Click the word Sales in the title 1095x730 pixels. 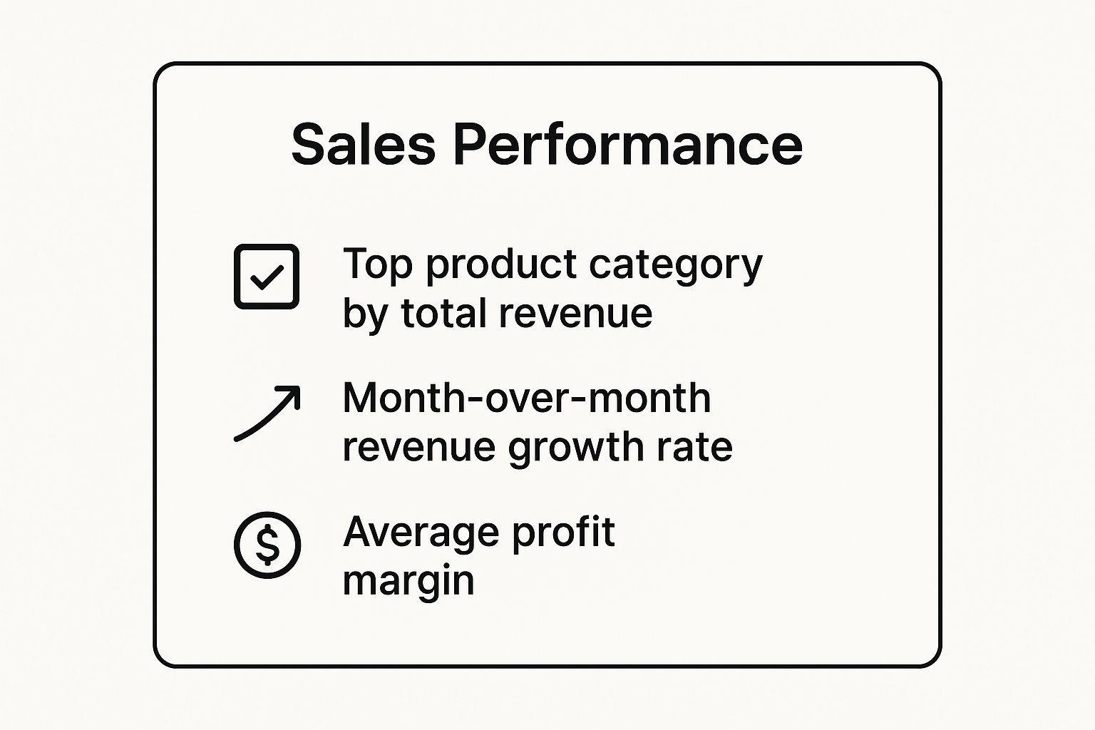click(x=363, y=145)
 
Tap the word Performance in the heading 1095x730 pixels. click(x=627, y=145)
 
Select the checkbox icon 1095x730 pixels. click(x=267, y=277)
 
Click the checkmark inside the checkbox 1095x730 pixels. click(x=267, y=277)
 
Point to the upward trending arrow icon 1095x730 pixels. click(x=267, y=413)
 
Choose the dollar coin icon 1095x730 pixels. click(x=267, y=545)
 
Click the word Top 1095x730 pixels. click(x=378, y=264)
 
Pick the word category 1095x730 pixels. click(x=676, y=265)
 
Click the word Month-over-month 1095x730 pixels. click(x=527, y=398)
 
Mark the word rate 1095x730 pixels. click(x=696, y=448)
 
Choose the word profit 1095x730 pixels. click(x=563, y=533)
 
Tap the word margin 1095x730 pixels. click(x=408, y=582)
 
